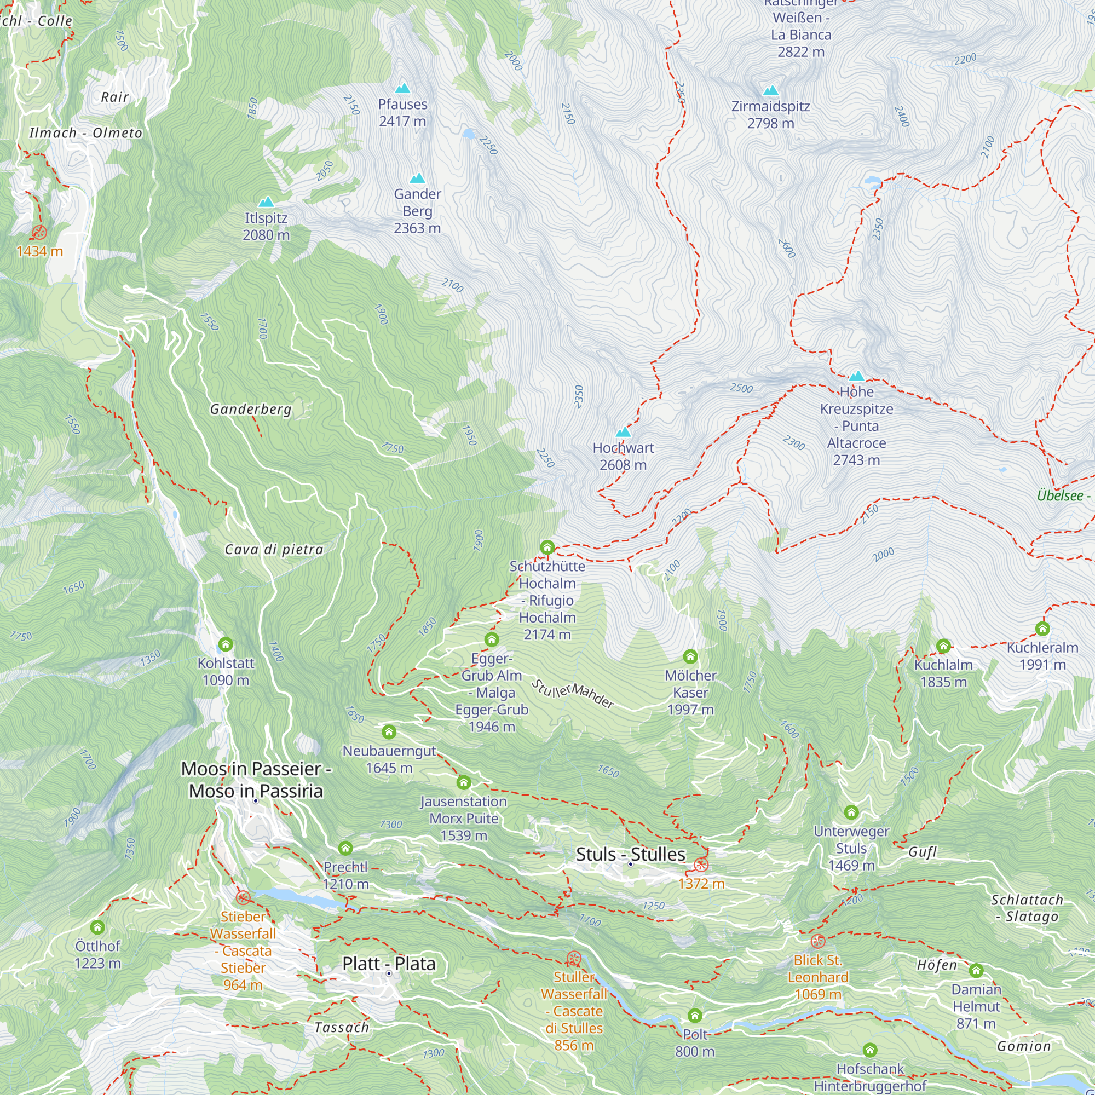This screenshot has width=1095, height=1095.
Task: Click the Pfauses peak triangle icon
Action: pyautogui.click(x=402, y=88)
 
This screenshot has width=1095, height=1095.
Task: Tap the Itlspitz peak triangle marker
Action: pyautogui.click(x=266, y=203)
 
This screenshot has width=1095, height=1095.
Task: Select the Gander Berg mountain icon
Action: pyautogui.click(x=417, y=178)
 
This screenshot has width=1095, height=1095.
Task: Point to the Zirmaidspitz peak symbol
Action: pyautogui.click(x=770, y=91)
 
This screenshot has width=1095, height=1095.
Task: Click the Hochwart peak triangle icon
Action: pyautogui.click(x=623, y=433)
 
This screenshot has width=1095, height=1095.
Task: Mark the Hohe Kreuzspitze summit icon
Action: pyautogui.click(x=856, y=376)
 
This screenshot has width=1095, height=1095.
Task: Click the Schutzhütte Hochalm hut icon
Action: pyautogui.click(x=547, y=547)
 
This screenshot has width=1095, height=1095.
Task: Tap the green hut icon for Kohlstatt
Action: pyautogui.click(x=226, y=644)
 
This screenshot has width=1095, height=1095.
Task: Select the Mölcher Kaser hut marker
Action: pyautogui.click(x=690, y=656)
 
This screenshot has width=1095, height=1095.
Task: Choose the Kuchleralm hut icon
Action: pyautogui.click(x=1042, y=629)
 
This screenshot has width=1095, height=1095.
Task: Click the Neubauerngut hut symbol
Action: pyautogui.click(x=389, y=731)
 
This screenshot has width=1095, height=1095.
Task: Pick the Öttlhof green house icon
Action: pyautogui.click(x=97, y=927)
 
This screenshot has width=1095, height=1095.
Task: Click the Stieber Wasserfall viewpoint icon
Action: pyautogui.click(x=243, y=898)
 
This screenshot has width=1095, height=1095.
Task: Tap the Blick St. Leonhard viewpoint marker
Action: pyautogui.click(x=817, y=941)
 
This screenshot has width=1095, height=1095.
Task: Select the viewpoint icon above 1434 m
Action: pyautogui.click(x=39, y=232)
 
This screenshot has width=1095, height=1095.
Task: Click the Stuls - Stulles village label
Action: pyautogui.click(x=630, y=854)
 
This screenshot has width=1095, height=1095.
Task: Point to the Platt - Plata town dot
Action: pyautogui.click(x=389, y=973)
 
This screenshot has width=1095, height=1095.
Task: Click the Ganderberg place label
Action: pyautogui.click(x=251, y=409)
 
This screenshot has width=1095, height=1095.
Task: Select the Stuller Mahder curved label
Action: pyautogui.click(x=573, y=694)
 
